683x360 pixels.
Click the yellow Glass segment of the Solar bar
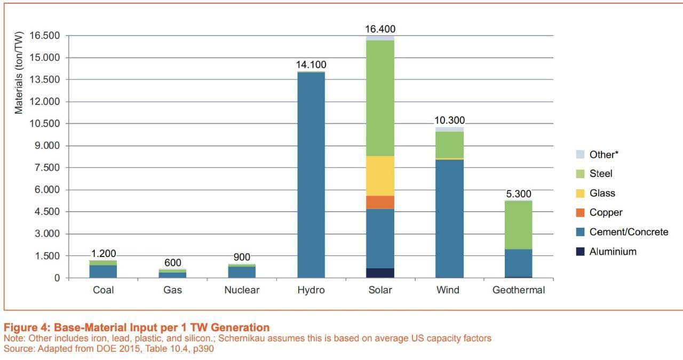(x=380, y=175)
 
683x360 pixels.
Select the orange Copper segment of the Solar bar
(x=380, y=202)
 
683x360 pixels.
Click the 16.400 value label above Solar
(x=380, y=29)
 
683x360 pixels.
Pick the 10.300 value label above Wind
(x=449, y=121)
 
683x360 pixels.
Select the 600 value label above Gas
(x=173, y=263)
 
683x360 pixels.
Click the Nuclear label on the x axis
(x=242, y=290)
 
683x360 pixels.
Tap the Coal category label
(x=103, y=290)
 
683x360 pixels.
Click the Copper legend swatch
(x=581, y=213)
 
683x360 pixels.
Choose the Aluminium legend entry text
(x=613, y=252)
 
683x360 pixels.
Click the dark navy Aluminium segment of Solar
(x=380, y=273)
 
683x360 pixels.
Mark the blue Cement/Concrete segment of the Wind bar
(x=449, y=218)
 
